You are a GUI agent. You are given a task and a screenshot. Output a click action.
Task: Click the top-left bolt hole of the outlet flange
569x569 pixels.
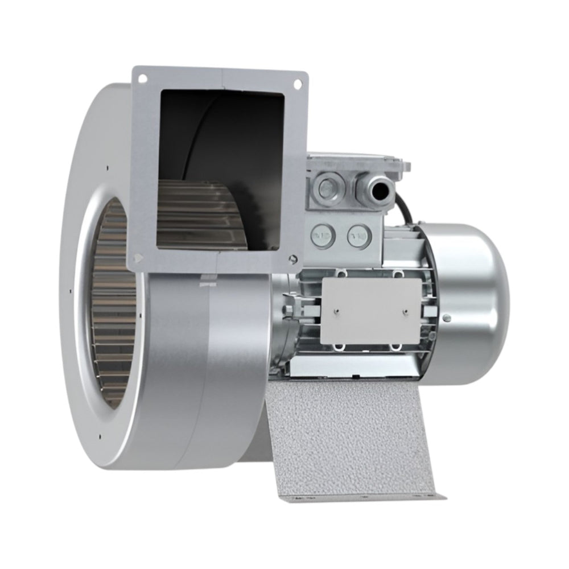click(x=142, y=77)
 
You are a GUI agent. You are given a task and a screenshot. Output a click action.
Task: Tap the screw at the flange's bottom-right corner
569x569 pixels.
click(x=292, y=259)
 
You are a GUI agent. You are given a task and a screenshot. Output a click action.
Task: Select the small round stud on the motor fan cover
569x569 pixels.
click(x=447, y=318)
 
